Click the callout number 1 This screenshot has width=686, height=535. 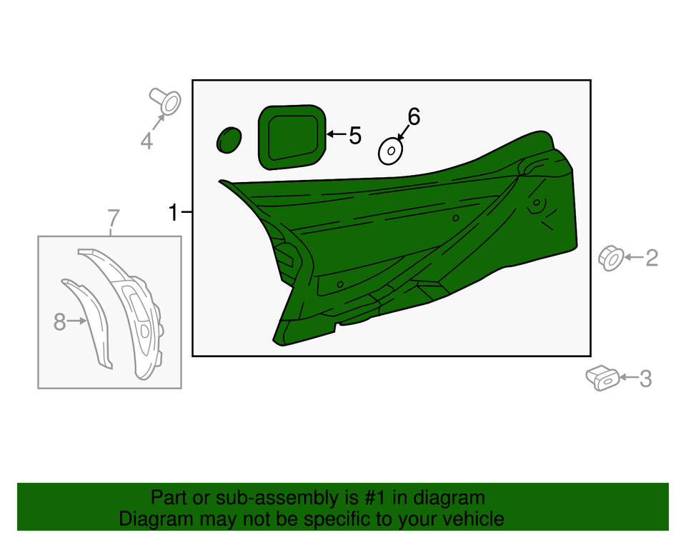coord(174,213)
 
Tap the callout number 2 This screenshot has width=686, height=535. coord(652,258)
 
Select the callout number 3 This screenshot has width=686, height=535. coord(646,379)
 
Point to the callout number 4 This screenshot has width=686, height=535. coord(146,141)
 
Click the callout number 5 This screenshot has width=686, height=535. coord(355,135)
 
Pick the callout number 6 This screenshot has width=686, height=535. coord(414,117)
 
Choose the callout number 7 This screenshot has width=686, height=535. coord(113,218)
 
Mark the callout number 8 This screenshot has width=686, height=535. coord(59,322)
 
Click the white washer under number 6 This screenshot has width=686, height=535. coord(390,151)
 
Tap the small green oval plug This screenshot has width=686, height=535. coord(229,140)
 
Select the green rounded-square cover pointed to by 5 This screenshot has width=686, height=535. coord(292,137)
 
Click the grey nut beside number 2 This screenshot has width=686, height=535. coord(611,259)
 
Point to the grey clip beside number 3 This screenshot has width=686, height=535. coord(602,378)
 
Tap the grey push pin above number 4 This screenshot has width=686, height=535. coord(166,101)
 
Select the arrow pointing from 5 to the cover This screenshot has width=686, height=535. coord(336,134)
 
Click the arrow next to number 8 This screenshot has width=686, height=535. coord(77,321)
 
